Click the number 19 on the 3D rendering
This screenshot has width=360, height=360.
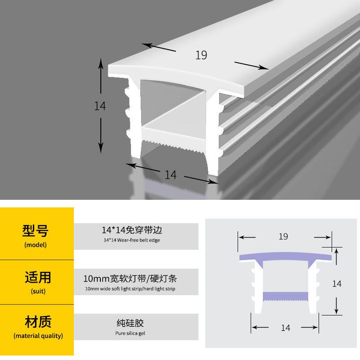201,55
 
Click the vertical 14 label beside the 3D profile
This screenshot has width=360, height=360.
100,106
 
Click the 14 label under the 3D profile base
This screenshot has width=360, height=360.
171,175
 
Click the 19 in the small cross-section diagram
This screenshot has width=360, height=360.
283,236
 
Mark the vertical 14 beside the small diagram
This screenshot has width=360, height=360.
337,284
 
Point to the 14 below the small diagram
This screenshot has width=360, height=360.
285,328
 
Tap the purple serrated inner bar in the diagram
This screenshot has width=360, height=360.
285,296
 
